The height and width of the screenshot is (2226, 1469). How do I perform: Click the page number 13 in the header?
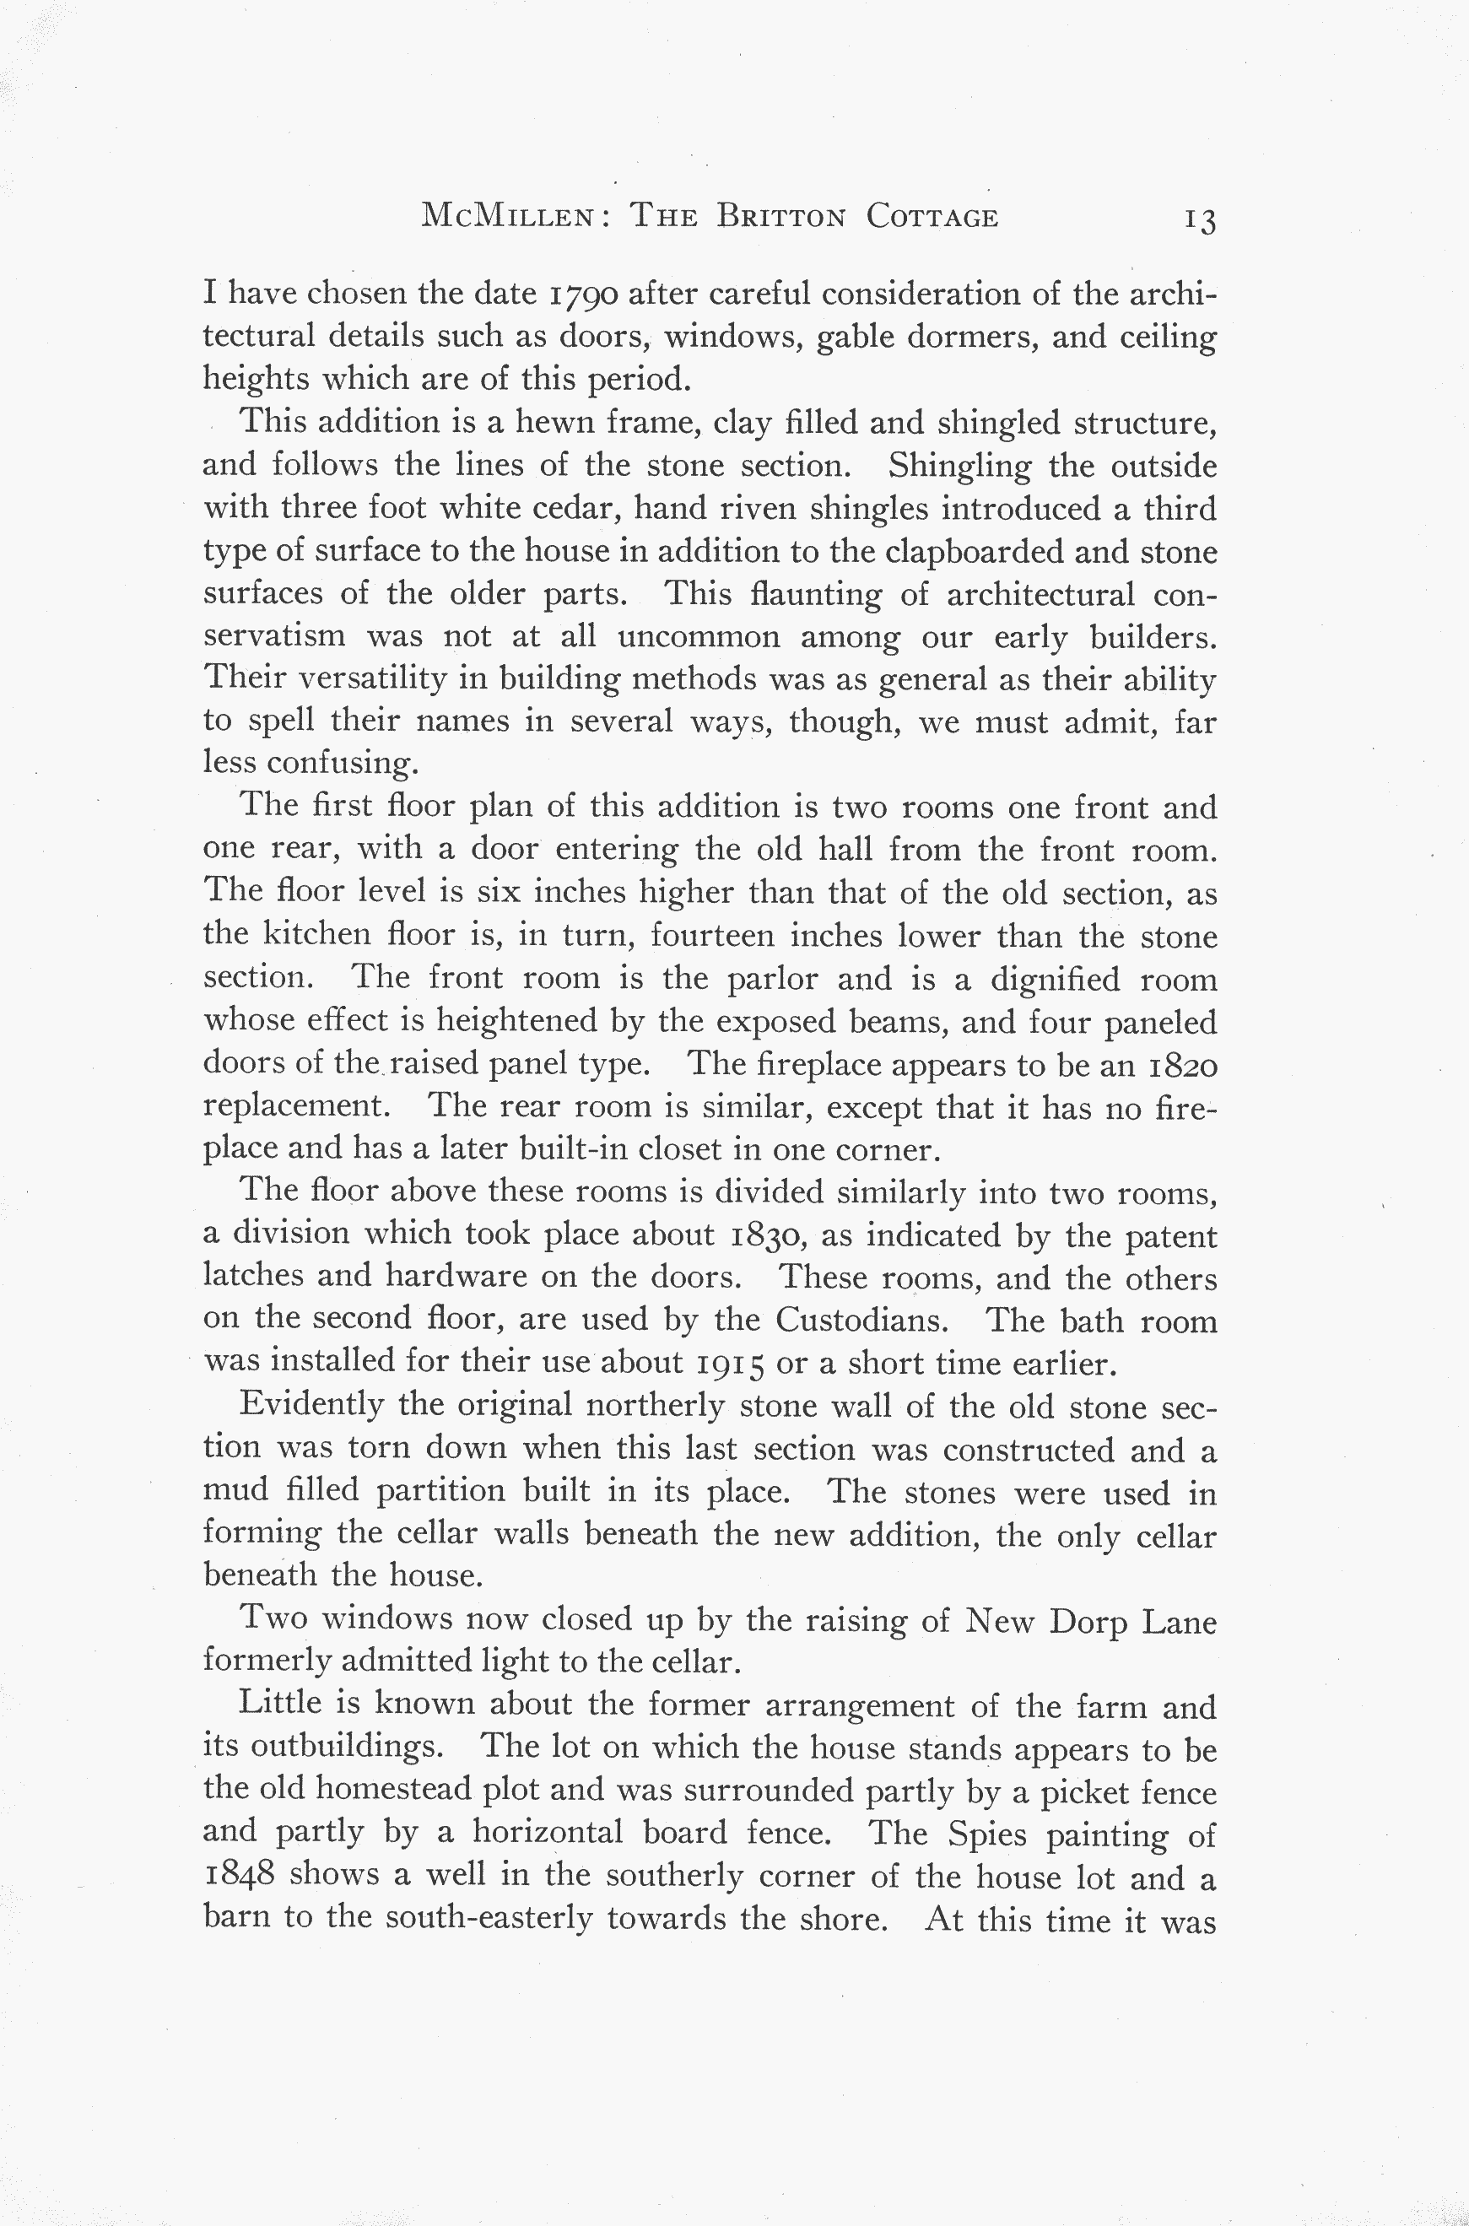[1199, 221]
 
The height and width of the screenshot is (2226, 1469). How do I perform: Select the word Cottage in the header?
[932, 218]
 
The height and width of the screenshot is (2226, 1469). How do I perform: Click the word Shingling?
[959, 466]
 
